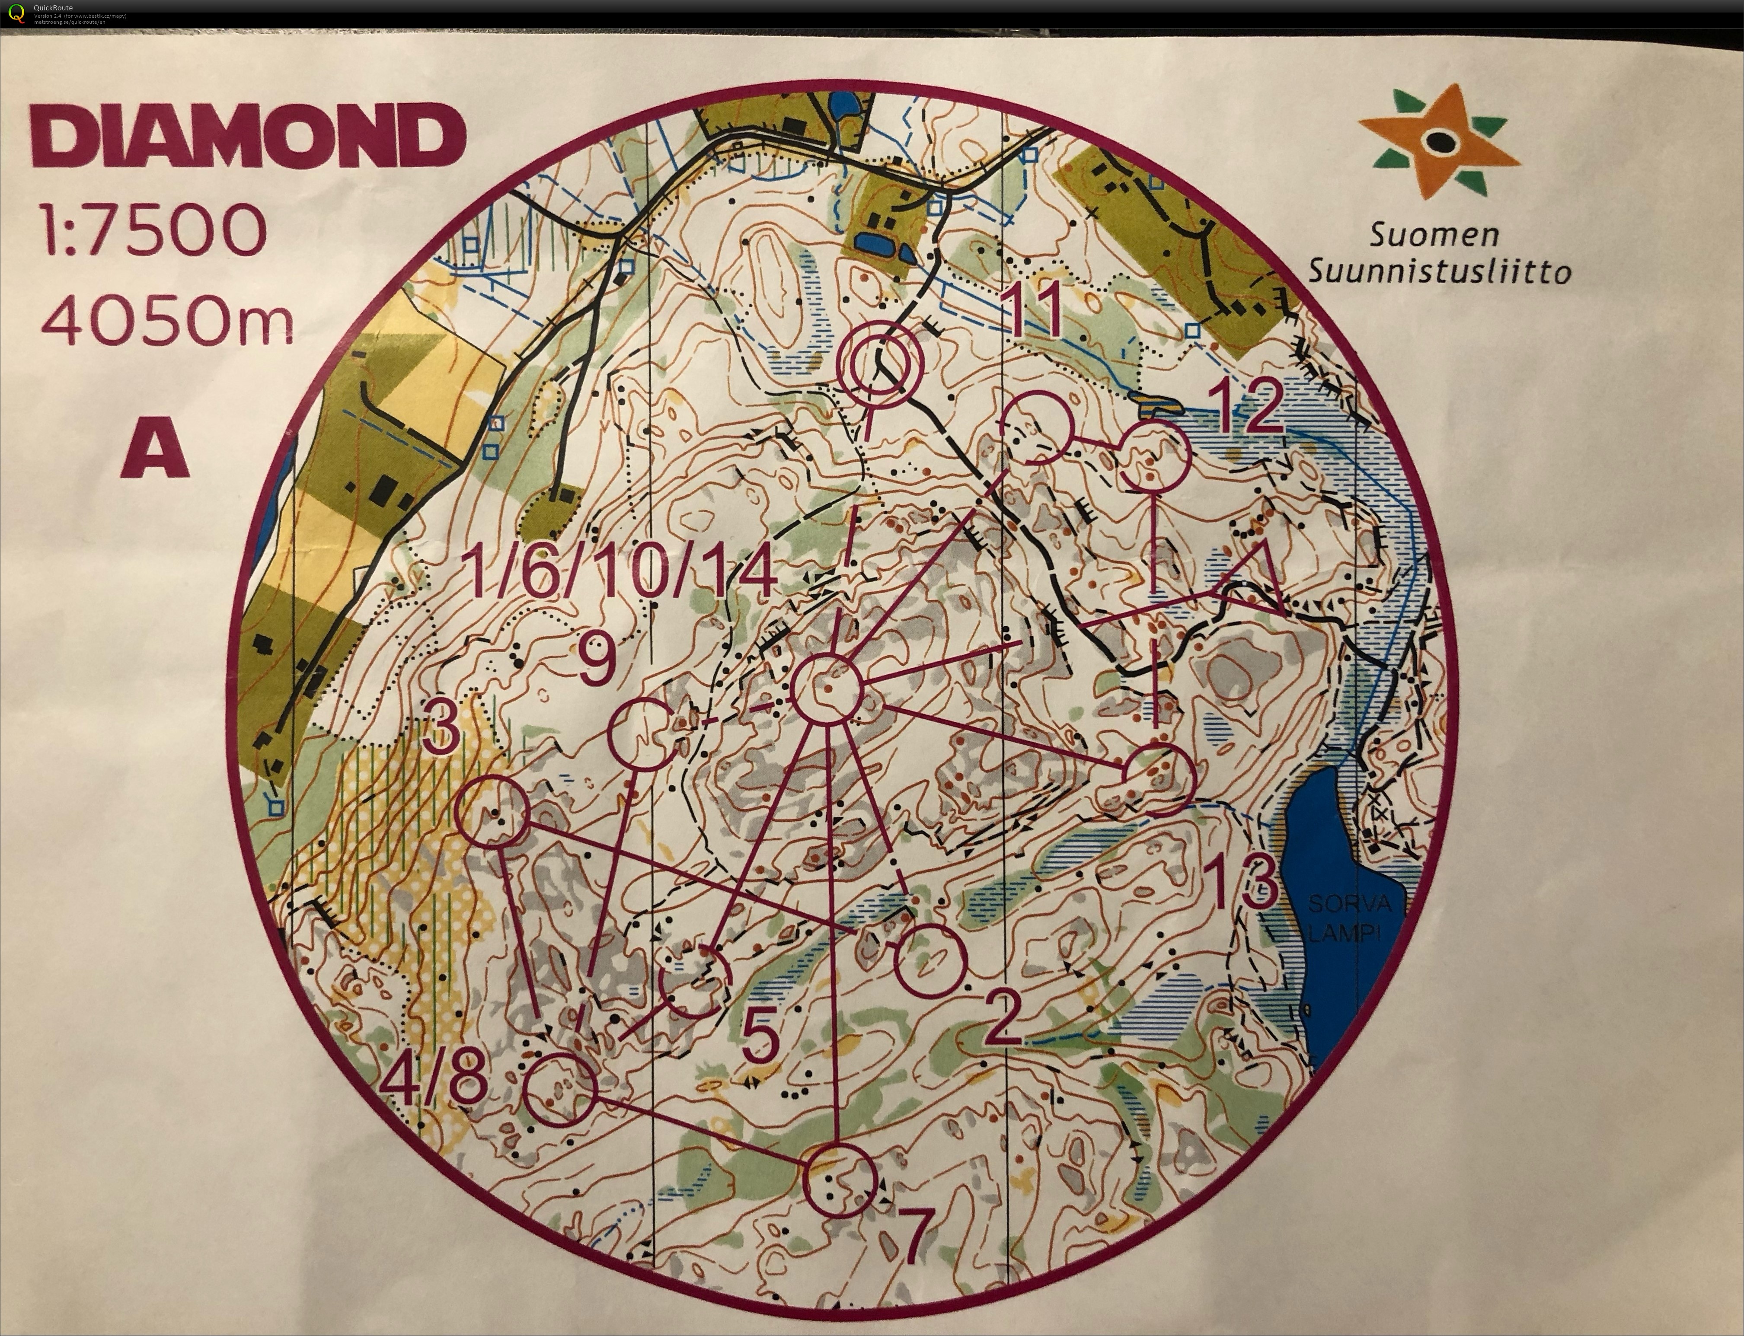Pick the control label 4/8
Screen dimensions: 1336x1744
pyautogui.click(x=434, y=1081)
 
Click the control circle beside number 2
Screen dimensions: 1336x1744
pyautogui.click(x=929, y=960)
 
